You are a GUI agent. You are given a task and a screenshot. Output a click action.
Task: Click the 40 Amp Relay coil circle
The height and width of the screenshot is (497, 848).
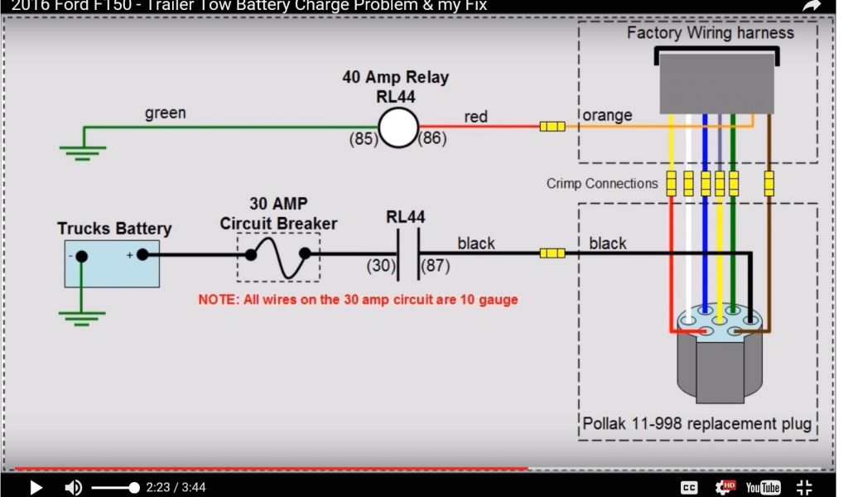[x=398, y=128]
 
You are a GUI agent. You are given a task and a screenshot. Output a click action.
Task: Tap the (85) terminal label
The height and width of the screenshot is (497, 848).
[x=361, y=139]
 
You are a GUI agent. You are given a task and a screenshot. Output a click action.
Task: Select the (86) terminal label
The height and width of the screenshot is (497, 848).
[x=433, y=139]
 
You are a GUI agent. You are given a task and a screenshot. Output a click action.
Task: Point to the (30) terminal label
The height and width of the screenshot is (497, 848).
[x=381, y=266]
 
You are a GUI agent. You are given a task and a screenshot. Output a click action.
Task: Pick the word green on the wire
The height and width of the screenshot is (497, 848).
[x=166, y=113]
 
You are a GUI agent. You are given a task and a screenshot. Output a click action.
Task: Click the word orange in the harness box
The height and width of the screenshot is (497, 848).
[x=607, y=115]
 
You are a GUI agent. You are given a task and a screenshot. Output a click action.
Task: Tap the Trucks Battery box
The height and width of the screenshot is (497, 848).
[x=112, y=263]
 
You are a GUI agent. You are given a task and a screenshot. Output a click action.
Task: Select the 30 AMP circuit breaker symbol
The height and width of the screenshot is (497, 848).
[x=278, y=257]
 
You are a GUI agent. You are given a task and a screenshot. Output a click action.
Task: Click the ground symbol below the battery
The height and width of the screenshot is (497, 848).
[x=82, y=316]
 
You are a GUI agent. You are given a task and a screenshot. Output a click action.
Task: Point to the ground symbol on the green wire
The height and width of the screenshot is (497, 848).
[x=82, y=150]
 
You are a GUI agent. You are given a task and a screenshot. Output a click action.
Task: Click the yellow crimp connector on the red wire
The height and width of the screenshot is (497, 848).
[x=552, y=127]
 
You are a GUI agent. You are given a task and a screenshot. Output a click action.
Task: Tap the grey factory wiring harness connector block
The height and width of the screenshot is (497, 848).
[x=717, y=83]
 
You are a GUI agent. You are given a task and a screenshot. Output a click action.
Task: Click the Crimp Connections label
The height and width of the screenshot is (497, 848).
[x=602, y=183]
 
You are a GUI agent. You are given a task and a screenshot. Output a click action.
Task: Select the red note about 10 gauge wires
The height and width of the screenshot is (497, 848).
[x=358, y=300]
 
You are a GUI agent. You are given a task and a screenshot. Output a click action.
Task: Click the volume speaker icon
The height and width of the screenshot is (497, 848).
[x=74, y=488]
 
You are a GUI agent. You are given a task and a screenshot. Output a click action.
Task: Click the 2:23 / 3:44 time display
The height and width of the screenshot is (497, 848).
[x=176, y=488]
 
